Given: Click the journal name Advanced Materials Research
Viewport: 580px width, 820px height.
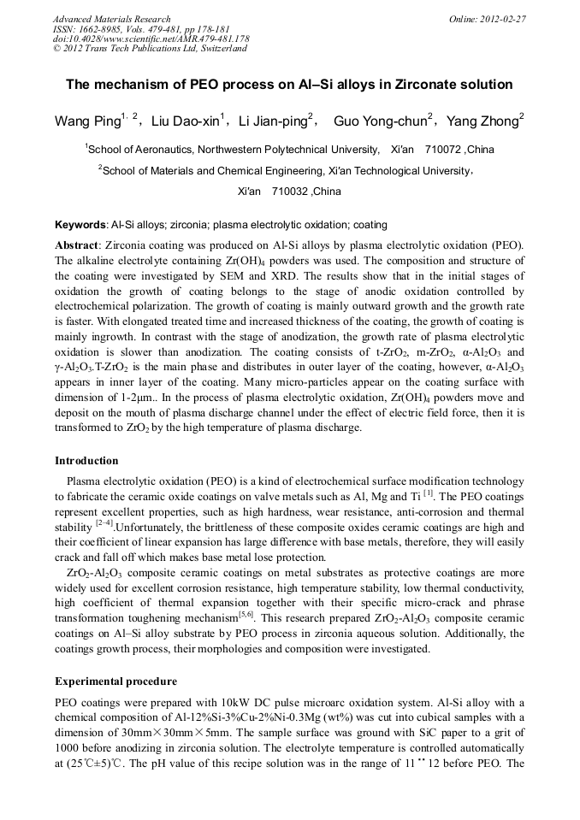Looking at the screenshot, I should [x=111, y=19].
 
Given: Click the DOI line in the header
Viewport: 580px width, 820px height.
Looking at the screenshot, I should [x=151, y=39].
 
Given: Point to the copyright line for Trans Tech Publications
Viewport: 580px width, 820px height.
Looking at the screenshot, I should [x=150, y=49].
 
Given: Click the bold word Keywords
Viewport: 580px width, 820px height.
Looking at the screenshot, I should [x=80, y=225].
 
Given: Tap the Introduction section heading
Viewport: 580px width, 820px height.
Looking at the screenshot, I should [x=86, y=461].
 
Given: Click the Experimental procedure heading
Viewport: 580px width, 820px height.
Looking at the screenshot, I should [x=115, y=681].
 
